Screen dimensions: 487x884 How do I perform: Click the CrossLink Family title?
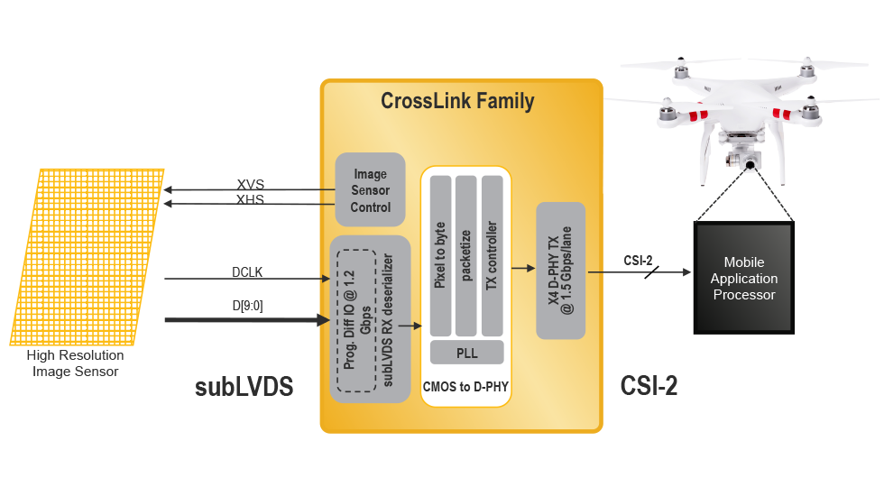click(x=457, y=100)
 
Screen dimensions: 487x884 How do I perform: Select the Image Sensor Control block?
click(x=370, y=190)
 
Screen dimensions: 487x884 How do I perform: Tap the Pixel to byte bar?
click(x=440, y=254)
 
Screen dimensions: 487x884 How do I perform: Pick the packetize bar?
click(x=466, y=254)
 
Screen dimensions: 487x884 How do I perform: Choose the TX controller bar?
click(x=492, y=254)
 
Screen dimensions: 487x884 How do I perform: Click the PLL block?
click(x=466, y=352)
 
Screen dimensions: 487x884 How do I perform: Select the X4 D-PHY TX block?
click(x=561, y=271)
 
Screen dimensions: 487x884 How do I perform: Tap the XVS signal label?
click(x=250, y=184)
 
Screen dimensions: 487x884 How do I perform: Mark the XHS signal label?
click(x=250, y=199)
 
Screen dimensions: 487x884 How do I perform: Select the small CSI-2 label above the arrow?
click(x=638, y=262)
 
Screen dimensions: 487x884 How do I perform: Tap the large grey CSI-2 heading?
click(x=649, y=386)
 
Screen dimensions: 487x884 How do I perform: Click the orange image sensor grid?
click(x=87, y=256)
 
